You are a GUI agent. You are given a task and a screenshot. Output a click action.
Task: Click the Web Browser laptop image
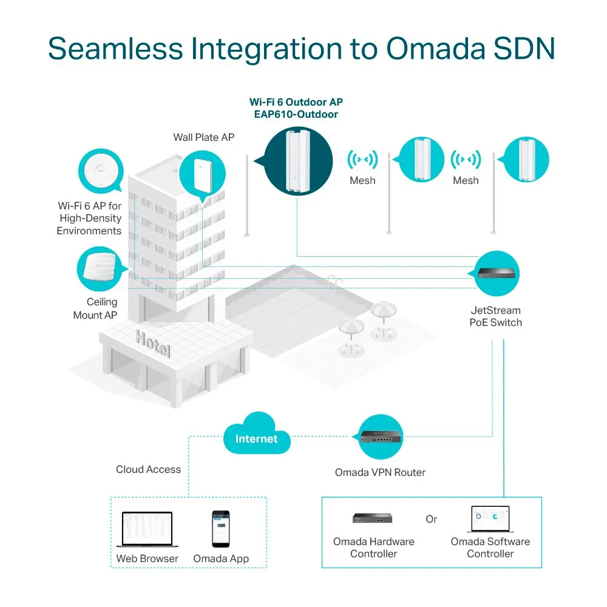point(147,529)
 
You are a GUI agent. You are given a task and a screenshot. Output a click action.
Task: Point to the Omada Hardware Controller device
point(373,518)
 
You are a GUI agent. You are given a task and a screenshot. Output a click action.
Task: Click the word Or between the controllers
point(431,520)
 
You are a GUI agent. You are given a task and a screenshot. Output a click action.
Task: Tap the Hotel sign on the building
point(152,344)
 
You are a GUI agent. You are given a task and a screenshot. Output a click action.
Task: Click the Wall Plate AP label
point(203,137)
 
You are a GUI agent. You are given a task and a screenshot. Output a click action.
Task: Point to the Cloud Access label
point(148,469)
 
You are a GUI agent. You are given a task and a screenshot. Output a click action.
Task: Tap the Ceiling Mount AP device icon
point(100,268)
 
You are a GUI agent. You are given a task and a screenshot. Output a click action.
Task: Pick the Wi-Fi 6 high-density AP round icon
point(100,172)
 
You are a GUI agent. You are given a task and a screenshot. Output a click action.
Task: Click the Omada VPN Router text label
point(380,472)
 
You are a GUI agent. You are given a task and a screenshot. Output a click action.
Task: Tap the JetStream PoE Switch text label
point(495,316)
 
